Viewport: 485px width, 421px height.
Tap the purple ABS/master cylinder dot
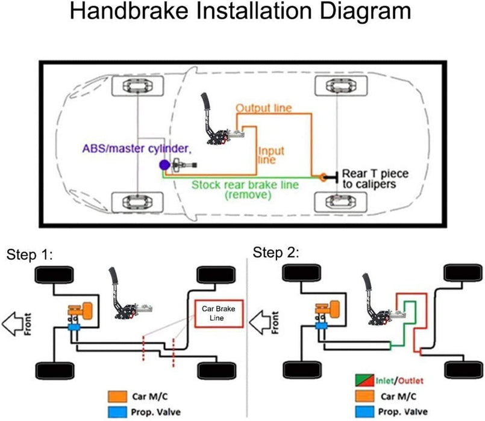click(x=163, y=164)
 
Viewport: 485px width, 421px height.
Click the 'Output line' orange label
click(x=263, y=109)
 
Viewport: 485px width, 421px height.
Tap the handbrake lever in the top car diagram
click(x=211, y=120)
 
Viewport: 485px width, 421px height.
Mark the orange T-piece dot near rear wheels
click(x=324, y=177)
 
